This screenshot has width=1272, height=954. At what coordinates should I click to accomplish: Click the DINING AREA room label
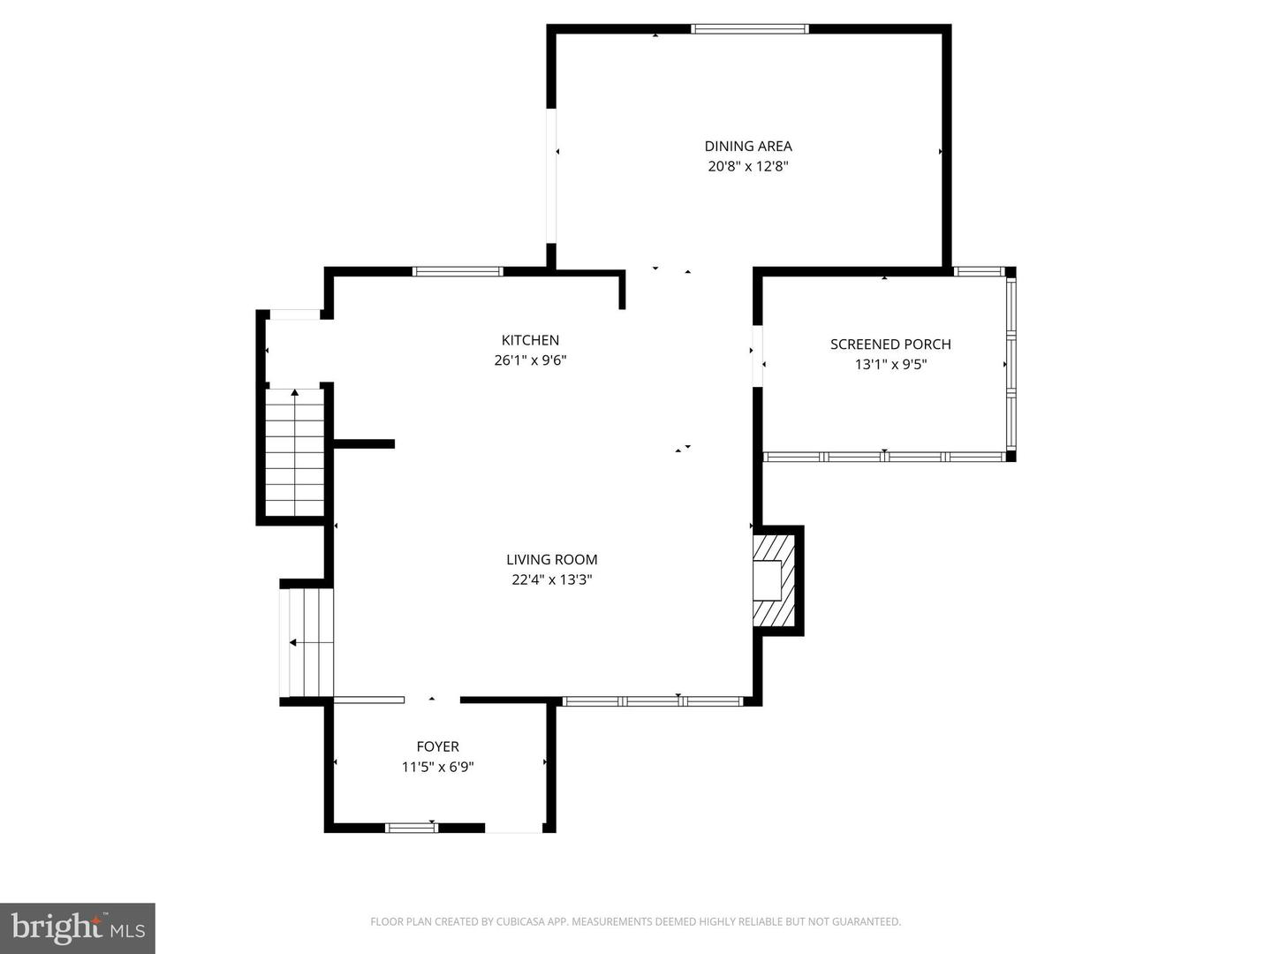click(748, 146)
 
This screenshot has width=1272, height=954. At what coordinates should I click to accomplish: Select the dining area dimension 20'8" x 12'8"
click(748, 166)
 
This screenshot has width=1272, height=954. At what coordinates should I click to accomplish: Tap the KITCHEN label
click(530, 340)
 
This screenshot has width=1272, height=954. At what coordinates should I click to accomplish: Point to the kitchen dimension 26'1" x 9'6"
click(530, 360)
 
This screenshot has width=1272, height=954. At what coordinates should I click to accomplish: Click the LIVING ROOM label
click(551, 559)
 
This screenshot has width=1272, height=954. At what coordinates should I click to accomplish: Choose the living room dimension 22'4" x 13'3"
click(551, 579)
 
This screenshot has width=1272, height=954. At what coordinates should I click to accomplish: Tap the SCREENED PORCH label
click(890, 344)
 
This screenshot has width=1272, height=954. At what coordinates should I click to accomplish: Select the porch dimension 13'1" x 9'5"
click(890, 364)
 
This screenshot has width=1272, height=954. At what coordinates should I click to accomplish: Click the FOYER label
click(438, 746)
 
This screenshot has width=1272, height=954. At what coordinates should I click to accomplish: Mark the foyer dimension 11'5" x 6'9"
click(438, 767)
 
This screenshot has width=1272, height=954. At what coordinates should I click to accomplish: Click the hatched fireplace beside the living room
click(775, 580)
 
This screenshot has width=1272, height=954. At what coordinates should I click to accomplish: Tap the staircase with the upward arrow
click(295, 452)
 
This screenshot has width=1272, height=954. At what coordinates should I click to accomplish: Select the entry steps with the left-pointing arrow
click(307, 642)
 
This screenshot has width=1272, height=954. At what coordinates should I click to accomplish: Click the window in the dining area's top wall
click(749, 29)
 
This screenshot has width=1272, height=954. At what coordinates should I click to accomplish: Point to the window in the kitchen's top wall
click(458, 271)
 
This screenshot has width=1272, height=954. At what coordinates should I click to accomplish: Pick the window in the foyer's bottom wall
click(412, 828)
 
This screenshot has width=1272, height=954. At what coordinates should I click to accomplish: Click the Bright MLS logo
click(78, 927)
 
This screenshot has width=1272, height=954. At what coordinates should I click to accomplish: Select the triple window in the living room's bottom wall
click(653, 701)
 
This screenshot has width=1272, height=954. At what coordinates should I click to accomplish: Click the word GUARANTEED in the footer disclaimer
click(865, 922)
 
